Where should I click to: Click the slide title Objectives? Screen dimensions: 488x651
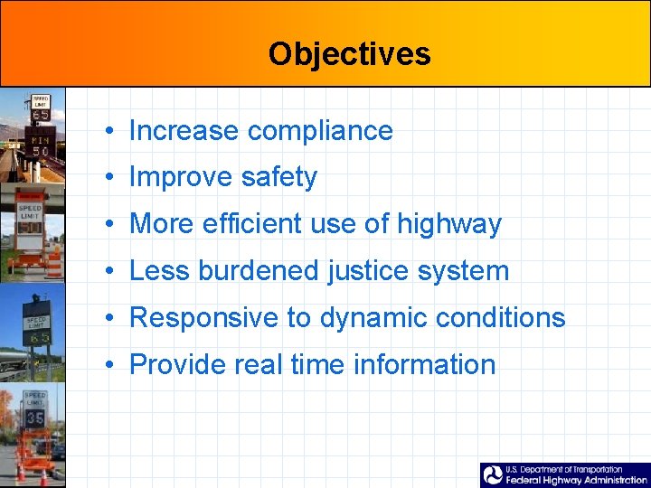coord(349,54)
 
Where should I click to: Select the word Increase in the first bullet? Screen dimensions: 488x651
coord(184,131)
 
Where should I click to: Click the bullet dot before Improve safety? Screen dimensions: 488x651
coord(108,178)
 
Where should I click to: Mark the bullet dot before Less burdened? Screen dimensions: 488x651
coord(108,271)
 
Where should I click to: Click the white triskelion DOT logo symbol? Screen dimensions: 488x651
coord(493,475)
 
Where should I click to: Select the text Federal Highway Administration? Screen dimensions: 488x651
coord(576,481)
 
